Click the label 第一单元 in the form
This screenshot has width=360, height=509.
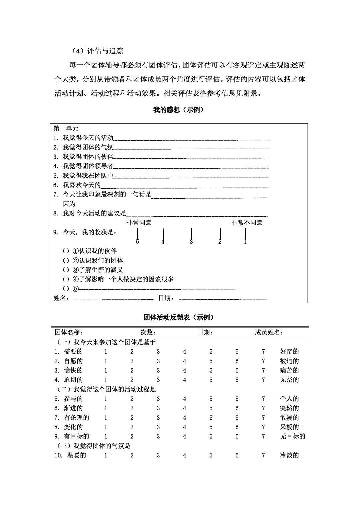point(66,128)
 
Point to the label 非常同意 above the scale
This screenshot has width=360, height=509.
point(139,223)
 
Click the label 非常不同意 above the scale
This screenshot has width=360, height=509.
point(247,223)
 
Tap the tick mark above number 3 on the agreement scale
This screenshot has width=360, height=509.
point(191,233)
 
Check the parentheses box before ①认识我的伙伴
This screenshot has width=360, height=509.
point(66,251)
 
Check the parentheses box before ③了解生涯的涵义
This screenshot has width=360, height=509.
point(66,270)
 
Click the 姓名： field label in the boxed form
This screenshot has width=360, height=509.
point(62,298)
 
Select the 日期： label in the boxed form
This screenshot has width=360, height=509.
point(166,298)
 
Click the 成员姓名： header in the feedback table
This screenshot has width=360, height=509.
point(269,332)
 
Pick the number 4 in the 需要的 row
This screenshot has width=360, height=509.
point(184,351)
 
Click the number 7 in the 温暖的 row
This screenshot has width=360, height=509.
point(263,455)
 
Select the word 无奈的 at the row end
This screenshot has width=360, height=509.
point(289,380)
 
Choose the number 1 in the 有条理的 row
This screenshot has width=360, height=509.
point(106,418)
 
